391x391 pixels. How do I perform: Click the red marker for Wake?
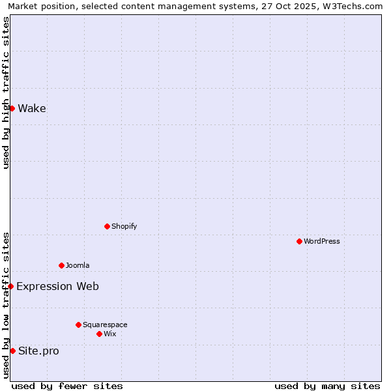[x=12, y=108]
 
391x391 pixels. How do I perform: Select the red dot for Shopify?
[x=107, y=226]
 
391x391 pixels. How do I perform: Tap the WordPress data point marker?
[x=299, y=241]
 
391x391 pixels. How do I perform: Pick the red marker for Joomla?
[x=61, y=265]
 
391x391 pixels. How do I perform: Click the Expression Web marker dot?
[x=10, y=286]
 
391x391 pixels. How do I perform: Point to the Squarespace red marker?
[x=78, y=325]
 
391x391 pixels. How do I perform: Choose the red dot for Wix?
[x=99, y=334]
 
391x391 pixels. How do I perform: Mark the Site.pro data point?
[x=12, y=351]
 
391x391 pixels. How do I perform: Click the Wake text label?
[x=32, y=108]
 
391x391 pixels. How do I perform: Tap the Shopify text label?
[x=124, y=226]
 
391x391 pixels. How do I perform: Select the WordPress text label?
[x=321, y=241]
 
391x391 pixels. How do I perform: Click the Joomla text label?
[x=78, y=265]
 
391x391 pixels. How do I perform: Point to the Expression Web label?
[x=57, y=286]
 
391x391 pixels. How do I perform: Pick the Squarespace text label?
[x=105, y=325]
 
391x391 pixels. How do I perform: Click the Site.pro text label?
[x=38, y=351]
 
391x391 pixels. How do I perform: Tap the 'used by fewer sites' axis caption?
[x=67, y=386]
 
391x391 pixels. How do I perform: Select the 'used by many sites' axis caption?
[x=327, y=386]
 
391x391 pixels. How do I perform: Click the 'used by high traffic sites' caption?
[x=6, y=93]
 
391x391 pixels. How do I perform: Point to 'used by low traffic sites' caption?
[x=6, y=305]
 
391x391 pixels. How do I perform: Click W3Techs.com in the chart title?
[x=351, y=6]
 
